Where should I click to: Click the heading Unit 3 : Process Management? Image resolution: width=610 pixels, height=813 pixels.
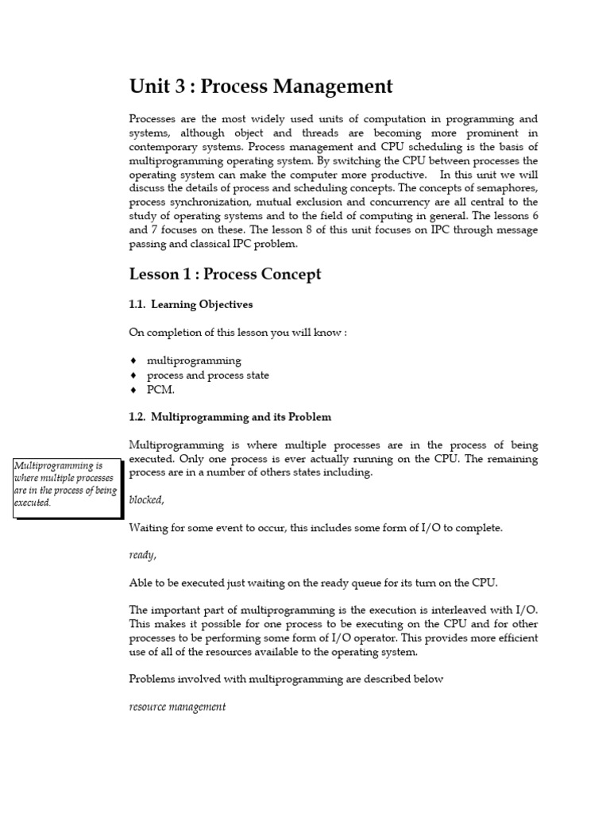point(261,86)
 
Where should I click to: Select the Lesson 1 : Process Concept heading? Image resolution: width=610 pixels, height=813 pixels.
point(225,274)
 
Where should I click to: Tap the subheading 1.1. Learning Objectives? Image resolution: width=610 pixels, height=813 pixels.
point(191,304)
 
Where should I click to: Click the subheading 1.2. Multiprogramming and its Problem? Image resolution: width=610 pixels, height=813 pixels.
point(230,417)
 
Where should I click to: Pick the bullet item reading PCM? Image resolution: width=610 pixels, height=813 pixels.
point(160,390)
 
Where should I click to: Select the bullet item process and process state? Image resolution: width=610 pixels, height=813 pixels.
point(207,375)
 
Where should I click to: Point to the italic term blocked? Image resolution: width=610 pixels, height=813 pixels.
point(147,499)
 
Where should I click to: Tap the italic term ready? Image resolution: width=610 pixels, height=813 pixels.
point(143,555)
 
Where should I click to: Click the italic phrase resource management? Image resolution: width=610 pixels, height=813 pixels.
point(177,707)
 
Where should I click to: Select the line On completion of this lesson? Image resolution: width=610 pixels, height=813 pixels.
point(237,332)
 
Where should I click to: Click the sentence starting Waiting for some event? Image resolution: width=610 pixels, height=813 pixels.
point(315,527)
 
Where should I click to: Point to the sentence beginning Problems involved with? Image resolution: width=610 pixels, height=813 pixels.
point(286,679)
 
